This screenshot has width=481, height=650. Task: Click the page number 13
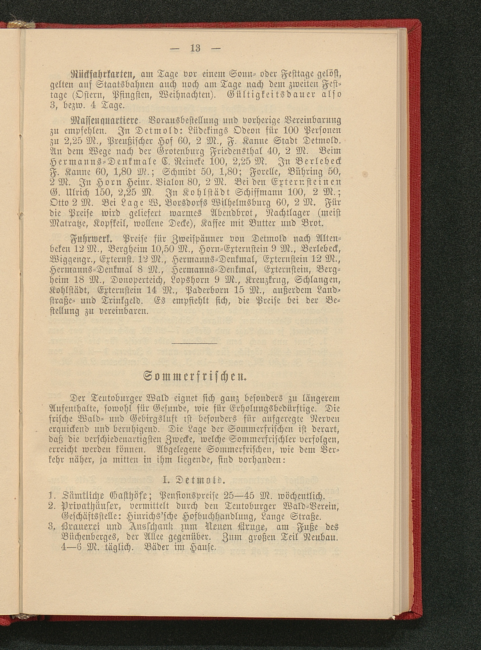click(195, 47)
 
